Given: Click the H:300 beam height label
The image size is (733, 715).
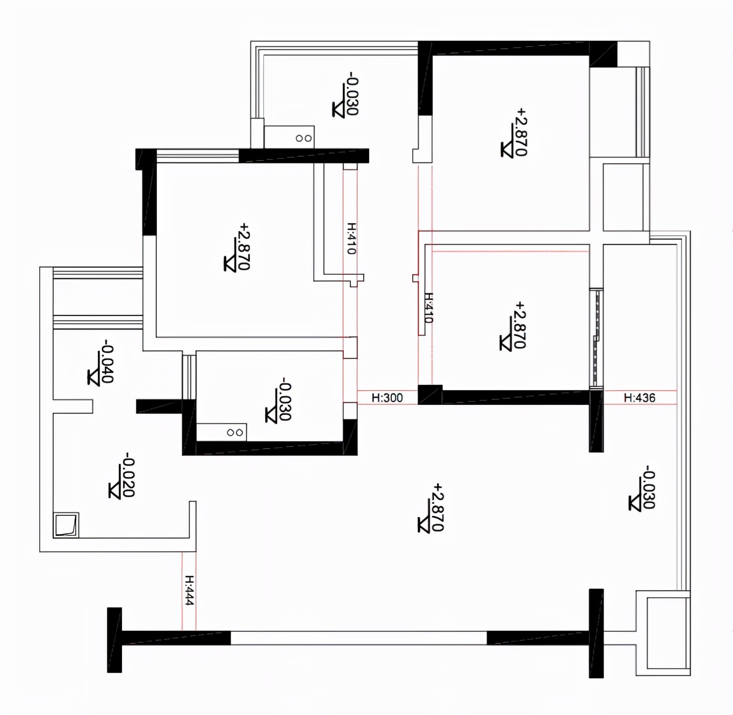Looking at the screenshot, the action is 387,398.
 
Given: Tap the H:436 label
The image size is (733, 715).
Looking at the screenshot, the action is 639,398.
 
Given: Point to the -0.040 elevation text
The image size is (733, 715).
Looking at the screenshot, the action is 107,361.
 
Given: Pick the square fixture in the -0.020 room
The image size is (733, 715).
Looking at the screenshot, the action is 66,524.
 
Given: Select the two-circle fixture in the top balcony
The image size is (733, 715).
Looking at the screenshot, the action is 304,138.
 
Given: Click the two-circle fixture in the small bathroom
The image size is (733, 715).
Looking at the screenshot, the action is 235,433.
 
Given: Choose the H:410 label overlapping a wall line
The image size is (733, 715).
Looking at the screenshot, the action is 429,308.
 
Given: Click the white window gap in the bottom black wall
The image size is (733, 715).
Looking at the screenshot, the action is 358,638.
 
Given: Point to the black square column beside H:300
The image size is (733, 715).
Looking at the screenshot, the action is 430,395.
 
